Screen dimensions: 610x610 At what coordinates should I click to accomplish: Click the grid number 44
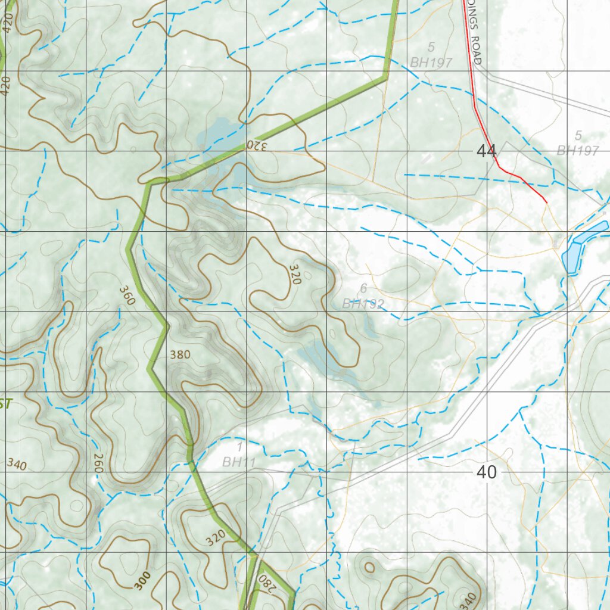(486, 151)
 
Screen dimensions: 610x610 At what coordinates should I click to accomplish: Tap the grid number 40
(486, 472)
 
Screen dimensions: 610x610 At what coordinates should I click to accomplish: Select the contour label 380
(180, 355)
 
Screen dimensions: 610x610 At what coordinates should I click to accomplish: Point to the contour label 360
(127, 295)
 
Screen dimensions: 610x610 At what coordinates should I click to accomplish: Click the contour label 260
(98, 463)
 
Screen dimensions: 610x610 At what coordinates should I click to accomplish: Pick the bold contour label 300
(142, 580)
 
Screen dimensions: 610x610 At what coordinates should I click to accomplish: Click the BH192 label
(363, 304)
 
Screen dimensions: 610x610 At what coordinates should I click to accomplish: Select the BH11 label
(235, 461)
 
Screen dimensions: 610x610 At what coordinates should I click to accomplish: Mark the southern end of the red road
(546, 203)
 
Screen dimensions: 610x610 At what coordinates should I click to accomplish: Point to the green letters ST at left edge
(5, 404)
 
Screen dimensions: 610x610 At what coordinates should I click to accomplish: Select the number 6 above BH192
(363, 288)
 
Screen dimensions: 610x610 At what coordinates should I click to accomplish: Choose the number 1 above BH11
(239, 446)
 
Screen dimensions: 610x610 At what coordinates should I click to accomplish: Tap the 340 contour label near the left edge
(17, 464)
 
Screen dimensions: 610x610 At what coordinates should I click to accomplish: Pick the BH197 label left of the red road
(431, 63)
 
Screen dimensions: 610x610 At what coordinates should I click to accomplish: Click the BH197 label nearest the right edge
(577, 151)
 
